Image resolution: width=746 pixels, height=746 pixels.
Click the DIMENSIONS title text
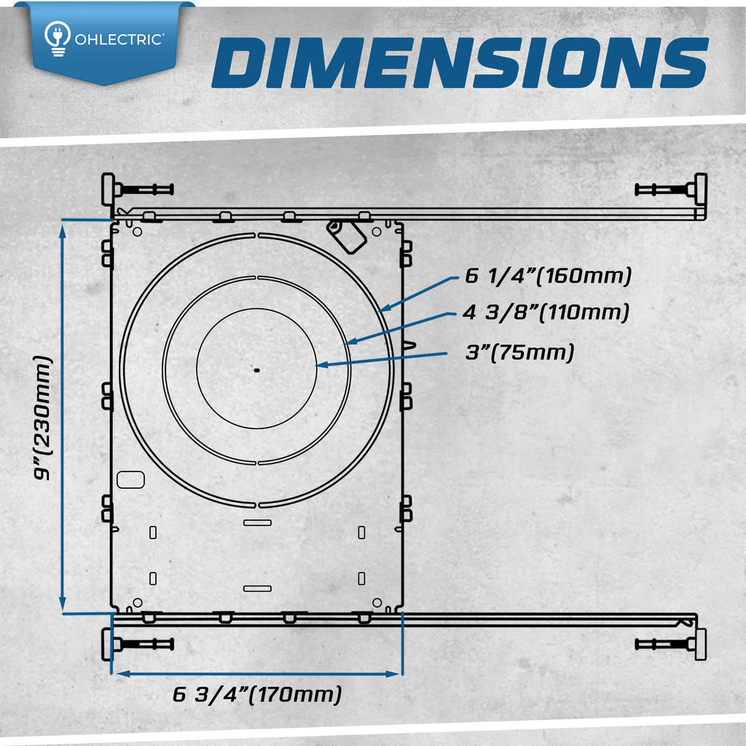pyautogui.click(x=460, y=63)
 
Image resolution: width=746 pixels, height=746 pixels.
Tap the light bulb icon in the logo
pyautogui.click(x=58, y=38)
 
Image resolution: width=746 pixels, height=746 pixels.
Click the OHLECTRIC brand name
pyautogui.click(x=119, y=39)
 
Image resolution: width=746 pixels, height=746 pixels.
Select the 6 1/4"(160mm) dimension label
pyautogui.click(x=548, y=276)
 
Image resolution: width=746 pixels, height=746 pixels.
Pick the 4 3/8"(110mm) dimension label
pyautogui.click(x=546, y=313)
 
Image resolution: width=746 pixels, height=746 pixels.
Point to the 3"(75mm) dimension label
pyautogui.click(x=519, y=353)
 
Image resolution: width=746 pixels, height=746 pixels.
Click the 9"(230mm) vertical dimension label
pyautogui.click(x=42, y=417)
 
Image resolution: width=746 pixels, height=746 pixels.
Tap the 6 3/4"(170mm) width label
pyautogui.click(x=257, y=694)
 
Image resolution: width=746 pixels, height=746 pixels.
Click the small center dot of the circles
pyautogui.click(x=257, y=370)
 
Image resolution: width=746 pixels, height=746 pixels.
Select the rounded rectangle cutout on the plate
pyautogui.click(x=130, y=479)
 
